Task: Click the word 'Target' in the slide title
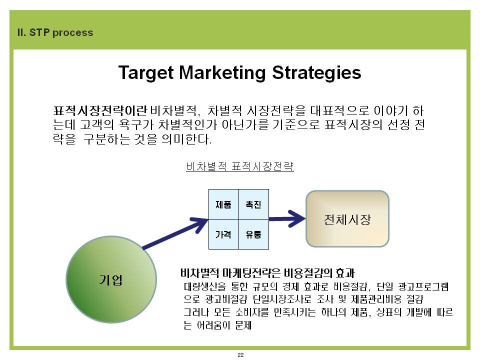pyautogui.click(x=146, y=73)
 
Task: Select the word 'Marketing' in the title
pyautogui.click(x=222, y=73)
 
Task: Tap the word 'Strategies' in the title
pyautogui.click(x=316, y=73)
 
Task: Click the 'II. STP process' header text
pyautogui.click(x=55, y=32)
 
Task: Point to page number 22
pyautogui.click(x=240, y=355)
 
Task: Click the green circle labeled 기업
pyautogui.click(x=111, y=279)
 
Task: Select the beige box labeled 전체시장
pyautogui.click(x=347, y=218)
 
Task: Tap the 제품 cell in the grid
pyautogui.click(x=224, y=204)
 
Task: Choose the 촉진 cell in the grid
pyautogui.click(x=254, y=204)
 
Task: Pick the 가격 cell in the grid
pyautogui.click(x=224, y=234)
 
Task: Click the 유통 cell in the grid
pyautogui.click(x=254, y=234)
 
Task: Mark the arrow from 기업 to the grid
pyautogui.click(x=175, y=233)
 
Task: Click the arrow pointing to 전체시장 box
pyautogui.click(x=287, y=218)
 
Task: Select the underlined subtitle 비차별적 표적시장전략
pyautogui.click(x=240, y=166)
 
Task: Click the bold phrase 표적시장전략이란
pyautogui.click(x=100, y=110)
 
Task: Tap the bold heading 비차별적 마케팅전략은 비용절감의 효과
pyautogui.click(x=267, y=272)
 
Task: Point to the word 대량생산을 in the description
pyautogui.click(x=205, y=287)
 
